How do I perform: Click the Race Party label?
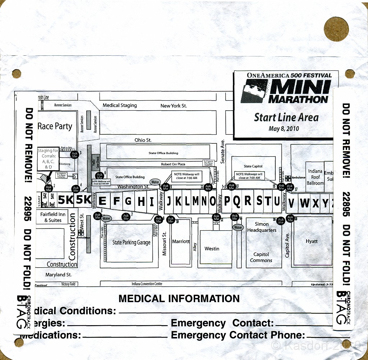click(x=55, y=126)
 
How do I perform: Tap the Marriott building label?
click(x=181, y=241)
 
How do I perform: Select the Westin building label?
click(x=212, y=249)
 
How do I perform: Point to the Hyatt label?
click(x=312, y=241)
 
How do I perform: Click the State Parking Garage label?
click(x=131, y=243)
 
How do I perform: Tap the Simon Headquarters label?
click(x=262, y=227)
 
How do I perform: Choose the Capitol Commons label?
click(x=261, y=257)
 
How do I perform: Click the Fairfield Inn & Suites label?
click(x=53, y=217)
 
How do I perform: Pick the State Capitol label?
click(x=253, y=166)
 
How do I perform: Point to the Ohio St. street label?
click(x=143, y=140)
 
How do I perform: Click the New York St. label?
click(x=174, y=106)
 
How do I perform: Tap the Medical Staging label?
click(x=120, y=105)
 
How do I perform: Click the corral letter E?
click(x=102, y=202)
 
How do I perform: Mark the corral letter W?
click(x=304, y=203)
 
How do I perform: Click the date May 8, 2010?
click(x=284, y=129)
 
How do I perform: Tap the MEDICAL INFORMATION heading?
click(x=179, y=299)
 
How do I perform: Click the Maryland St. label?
click(x=59, y=274)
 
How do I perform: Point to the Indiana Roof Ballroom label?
click(x=315, y=177)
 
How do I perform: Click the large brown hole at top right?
click(x=336, y=29)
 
